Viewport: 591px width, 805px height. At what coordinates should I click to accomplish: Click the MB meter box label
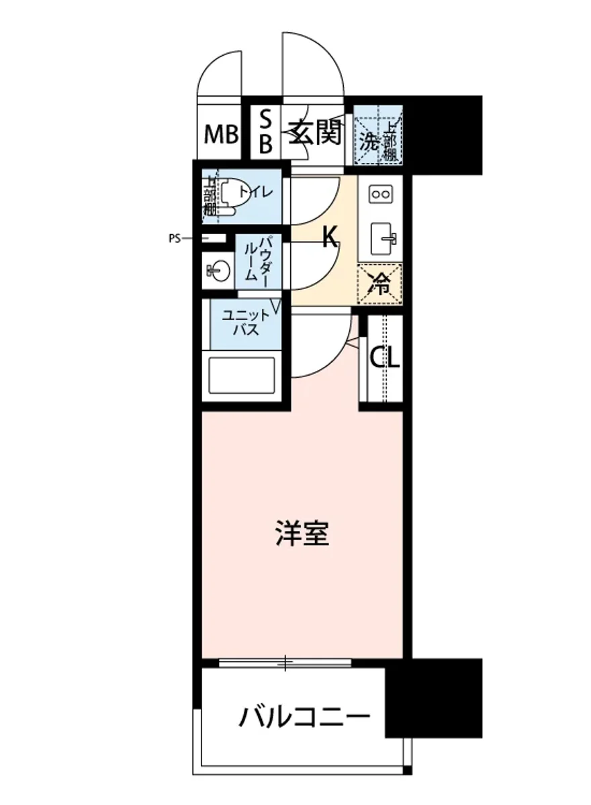point(222,135)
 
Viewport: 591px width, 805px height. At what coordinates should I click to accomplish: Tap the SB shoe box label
point(266,132)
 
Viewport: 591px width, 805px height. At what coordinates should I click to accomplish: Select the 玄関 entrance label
point(314,134)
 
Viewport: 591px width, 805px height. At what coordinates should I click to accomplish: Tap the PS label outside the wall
point(175,237)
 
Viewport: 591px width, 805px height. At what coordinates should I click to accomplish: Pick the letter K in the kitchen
point(329,237)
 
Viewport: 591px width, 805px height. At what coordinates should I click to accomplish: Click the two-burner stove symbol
point(381,195)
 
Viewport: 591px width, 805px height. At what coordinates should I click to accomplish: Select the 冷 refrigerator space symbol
point(380,284)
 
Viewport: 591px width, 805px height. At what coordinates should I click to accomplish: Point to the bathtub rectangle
point(242,376)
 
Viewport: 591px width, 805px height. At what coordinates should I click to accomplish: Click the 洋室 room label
point(302,535)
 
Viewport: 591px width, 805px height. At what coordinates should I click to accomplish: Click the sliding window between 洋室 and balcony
point(285,663)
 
